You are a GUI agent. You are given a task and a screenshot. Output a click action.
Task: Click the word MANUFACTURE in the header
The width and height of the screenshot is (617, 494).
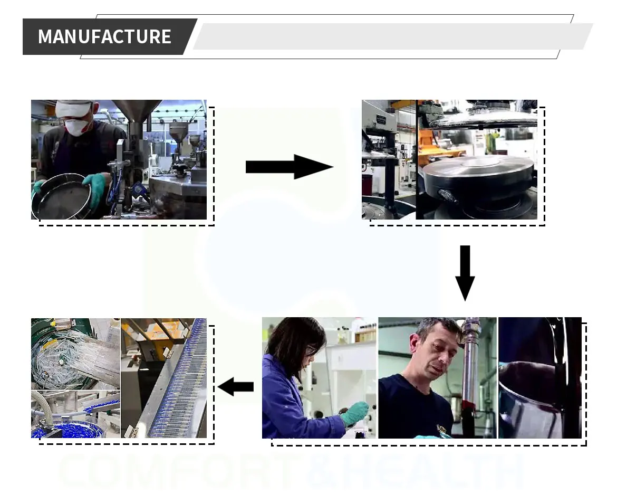click(x=104, y=36)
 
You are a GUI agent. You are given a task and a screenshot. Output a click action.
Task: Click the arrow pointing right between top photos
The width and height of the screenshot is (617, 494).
click(x=289, y=167)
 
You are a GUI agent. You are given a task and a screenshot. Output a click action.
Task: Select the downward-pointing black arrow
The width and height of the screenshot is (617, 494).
click(x=465, y=272)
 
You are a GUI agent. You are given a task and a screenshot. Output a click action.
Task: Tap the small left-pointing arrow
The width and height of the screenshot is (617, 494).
click(x=235, y=387)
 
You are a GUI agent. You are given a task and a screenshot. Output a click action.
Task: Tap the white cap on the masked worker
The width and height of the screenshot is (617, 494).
click(x=74, y=108)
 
